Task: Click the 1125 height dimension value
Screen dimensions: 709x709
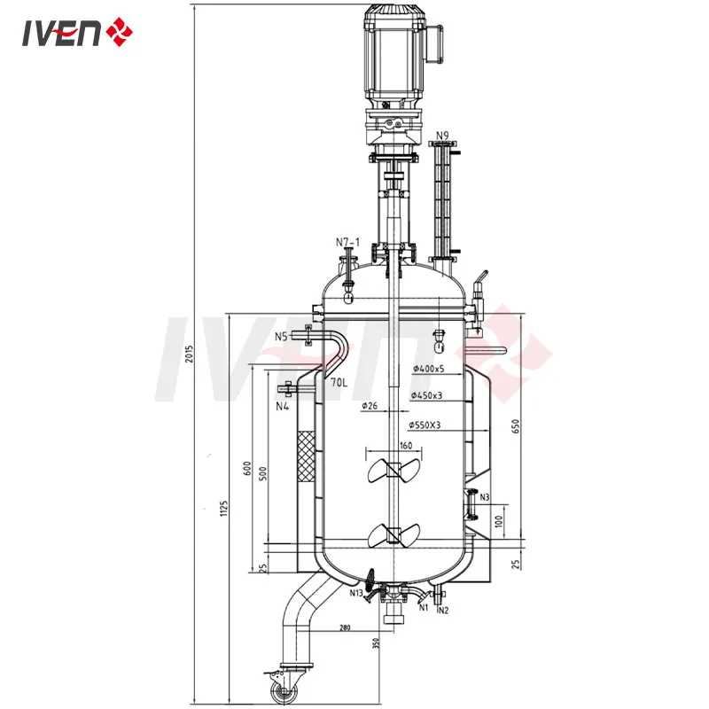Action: coord(225,507)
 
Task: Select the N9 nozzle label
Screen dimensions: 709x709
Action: coord(442,136)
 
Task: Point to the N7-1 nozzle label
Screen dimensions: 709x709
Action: coord(347,242)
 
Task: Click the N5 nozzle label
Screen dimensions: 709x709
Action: coord(281,336)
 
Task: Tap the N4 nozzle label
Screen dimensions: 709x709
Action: coord(282,407)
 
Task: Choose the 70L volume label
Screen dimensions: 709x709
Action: coord(339,382)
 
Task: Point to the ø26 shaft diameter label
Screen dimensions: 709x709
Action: coord(370,407)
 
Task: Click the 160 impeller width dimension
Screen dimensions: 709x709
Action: coord(406,446)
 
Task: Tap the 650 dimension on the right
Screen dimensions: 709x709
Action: coord(514,428)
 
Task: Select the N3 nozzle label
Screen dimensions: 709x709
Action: coord(484,497)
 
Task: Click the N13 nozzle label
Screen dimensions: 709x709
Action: coord(359,593)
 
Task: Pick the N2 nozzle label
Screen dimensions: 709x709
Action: coord(442,609)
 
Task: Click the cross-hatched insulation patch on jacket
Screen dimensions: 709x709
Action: coord(308,456)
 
